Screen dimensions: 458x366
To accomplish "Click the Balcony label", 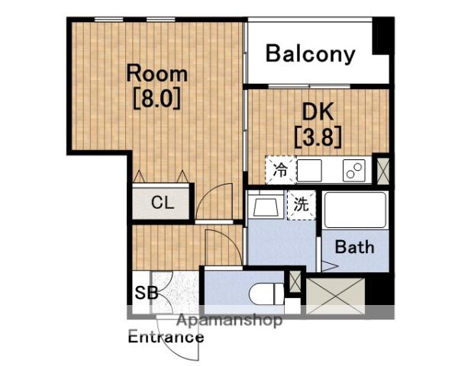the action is [x=310, y=54].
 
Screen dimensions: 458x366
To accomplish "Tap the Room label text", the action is [x=156, y=74].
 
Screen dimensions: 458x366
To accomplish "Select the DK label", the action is [x=318, y=112].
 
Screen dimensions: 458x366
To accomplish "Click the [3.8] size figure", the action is [x=318, y=136].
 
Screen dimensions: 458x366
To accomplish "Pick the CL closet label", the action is [x=163, y=202].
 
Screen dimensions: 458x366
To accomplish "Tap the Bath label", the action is [x=354, y=247].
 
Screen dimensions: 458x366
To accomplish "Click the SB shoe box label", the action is [x=147, y=292].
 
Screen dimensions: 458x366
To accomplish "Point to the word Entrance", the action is [x=166, y=337].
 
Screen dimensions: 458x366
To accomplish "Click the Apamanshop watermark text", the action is [x=230, y=320].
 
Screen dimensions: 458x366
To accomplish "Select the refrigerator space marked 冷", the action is [x=281, y=171].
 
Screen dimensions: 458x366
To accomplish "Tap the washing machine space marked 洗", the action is [x=302, y=205].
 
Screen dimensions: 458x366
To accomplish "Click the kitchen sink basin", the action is [x=309, y=171].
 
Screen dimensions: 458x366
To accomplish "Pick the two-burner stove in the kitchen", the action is [x=354, y=171].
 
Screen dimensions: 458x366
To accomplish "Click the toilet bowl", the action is [x=266, y=294].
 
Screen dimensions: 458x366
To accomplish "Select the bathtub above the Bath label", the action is [x=355, y=210].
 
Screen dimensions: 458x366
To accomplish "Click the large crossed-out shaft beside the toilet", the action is [x=335, y=296].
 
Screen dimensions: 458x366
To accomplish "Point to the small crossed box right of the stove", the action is [x=383, y=171].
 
